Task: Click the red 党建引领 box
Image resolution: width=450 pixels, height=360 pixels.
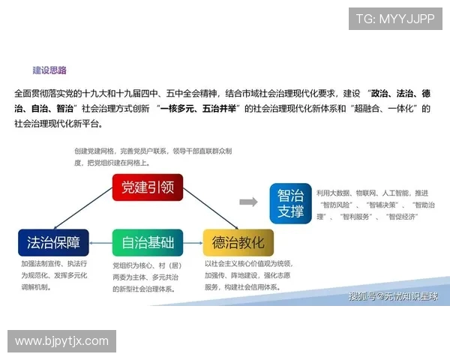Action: click(x=148, y=187)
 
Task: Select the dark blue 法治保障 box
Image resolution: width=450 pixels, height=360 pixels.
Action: click(x=53, y=242)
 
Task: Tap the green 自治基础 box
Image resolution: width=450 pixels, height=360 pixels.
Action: click(x=148, y=242)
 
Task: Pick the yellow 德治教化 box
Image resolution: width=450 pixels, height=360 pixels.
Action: click(x=238, y=242)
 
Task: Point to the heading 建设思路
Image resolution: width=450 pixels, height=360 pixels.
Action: click(x=49, y=71)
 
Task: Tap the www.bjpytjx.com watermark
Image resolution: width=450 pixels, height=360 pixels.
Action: click(x=61, y=341)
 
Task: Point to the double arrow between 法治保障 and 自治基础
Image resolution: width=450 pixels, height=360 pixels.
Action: click(x=100, y=242)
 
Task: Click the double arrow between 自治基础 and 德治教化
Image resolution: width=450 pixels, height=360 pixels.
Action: click(x=193, y=242)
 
